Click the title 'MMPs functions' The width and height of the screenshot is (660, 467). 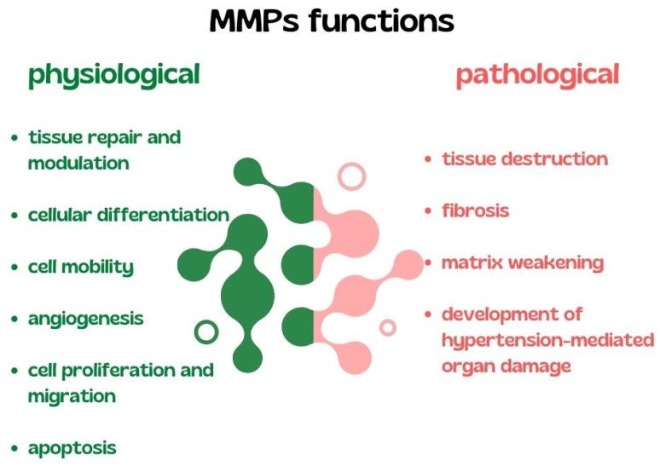click(x=331, y=20)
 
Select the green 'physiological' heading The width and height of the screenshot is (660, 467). click(x=113, y=75)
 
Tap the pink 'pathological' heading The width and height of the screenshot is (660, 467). click(x=536, y=75)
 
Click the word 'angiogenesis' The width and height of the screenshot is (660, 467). click(x=85, y=319)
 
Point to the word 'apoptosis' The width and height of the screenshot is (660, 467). click(x=72, y=447)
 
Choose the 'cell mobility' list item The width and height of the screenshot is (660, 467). click(x=80, y=267)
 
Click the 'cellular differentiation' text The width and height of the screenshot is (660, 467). click(x=128, y=215)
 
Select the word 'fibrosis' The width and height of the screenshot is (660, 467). click(x=475, y=210)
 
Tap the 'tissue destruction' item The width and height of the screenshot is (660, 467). click(x=524, y=159)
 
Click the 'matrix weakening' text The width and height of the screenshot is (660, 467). click(x=522, y=262)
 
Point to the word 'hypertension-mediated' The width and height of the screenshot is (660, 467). click(x=547, y=341)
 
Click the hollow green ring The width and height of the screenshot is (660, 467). click(x=206, y=331)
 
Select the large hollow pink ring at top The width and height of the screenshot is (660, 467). click(x=350, y=176)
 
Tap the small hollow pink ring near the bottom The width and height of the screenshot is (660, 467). click(x=388, y=327)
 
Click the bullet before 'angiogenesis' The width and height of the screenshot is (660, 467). click(x=14, y=320)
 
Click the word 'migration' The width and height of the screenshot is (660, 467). click(x=72, y=396)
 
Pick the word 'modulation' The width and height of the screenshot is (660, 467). click(x=78, y=163)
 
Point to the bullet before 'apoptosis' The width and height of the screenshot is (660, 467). click(x=14, y=448)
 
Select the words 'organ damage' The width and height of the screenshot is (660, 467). click(x=505, y=366)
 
